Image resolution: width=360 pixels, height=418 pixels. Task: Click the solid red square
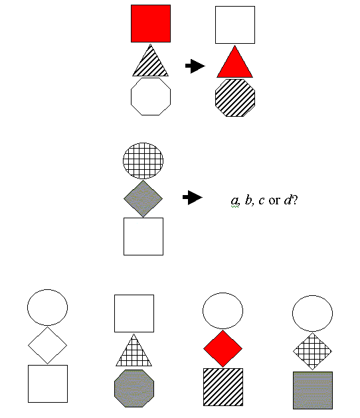[151, 23]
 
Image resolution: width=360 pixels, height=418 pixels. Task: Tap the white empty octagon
[151, 96]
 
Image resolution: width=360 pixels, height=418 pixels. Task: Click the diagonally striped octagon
[235, 98]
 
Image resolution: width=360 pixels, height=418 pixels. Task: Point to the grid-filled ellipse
[143, 161]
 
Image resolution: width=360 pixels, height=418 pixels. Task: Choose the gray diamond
[143, 198]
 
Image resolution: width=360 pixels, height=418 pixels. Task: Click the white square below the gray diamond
[143, 236]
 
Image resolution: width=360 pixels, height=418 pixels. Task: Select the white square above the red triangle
[235, 25]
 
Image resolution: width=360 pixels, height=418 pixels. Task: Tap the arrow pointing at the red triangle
[195, 66]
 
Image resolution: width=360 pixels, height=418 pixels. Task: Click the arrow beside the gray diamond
[193, 198]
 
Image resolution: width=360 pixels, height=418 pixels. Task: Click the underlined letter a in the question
[234, 200]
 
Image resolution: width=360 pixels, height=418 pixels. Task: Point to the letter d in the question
[288, 200]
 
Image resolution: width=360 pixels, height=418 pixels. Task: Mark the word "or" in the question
[274, 201]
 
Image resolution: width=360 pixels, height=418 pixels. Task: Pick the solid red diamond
[223, 349]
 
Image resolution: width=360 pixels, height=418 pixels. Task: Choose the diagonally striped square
[223, 387]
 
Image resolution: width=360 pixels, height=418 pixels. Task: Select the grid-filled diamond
[312, 352]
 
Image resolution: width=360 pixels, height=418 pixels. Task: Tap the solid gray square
[313, 390]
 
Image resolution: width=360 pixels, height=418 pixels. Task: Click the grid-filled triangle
[134, 350]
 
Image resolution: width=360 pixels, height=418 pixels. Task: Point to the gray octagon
[134, 388]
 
